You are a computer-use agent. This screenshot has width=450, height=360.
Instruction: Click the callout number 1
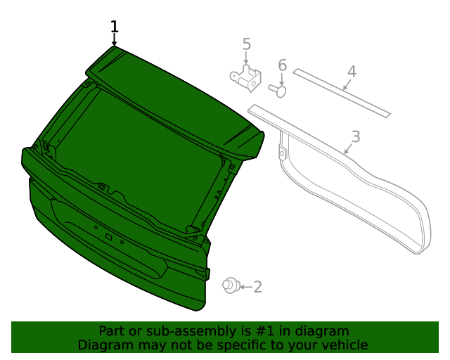pos(115,27)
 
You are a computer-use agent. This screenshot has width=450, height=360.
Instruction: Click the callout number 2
pos(257,286)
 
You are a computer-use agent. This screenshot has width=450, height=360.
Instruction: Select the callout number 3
pos(356,136)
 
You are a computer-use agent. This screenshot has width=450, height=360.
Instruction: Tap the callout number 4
pos(352,72)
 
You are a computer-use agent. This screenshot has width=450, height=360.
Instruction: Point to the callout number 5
pos(246,44)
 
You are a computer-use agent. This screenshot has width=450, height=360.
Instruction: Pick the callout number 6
pos(282,65)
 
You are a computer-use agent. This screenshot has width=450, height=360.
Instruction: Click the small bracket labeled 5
pos(245,78)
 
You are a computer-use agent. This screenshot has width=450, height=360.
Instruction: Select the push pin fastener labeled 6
pos(278,89)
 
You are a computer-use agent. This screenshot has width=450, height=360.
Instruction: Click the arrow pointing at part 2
pos(244,286)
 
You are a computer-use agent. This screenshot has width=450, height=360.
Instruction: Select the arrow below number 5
pos(246,59)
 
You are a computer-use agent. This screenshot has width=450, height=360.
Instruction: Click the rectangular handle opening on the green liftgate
pos(109,237)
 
